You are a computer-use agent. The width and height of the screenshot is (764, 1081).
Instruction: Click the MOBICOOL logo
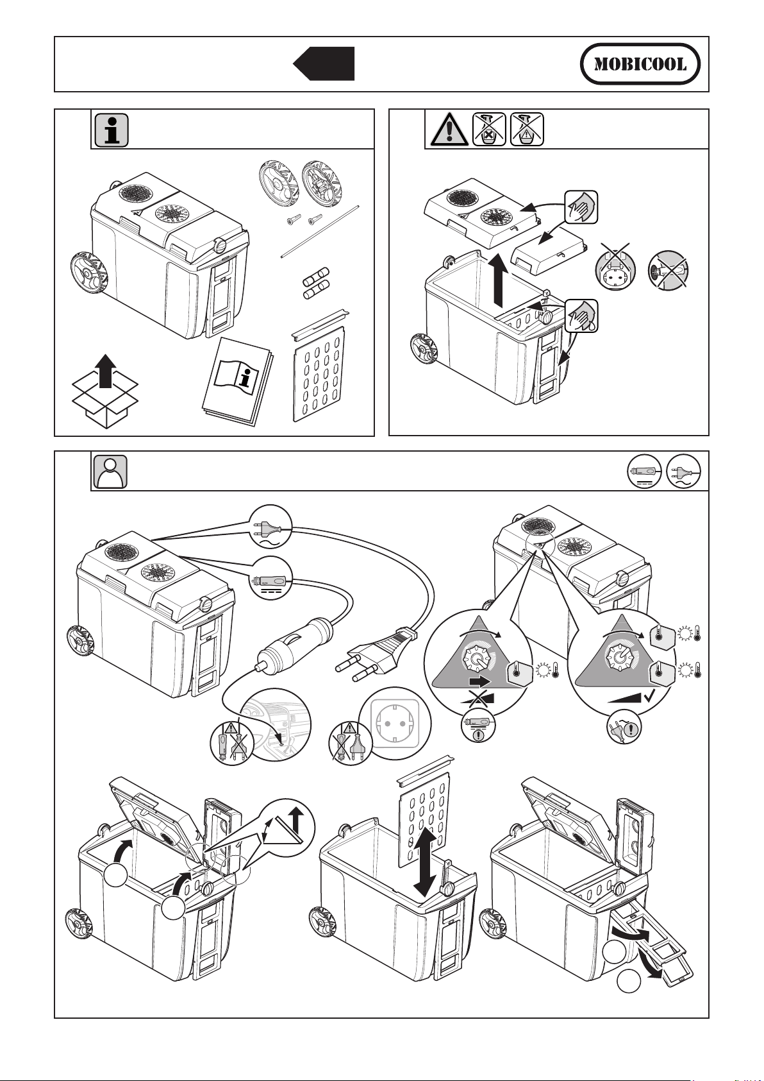(640, 64)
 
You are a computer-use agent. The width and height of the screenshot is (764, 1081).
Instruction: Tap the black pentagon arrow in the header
(324, 64)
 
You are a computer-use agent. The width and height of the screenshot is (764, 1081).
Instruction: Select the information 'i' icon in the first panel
(112, 130)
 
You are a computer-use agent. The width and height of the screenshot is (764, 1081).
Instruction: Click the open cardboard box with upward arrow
(105, 391)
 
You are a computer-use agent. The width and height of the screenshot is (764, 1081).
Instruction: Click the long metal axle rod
(320, 232)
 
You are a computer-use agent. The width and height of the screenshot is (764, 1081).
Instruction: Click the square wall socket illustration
(395, 724)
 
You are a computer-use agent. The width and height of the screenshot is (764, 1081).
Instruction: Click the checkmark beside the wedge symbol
(651, 695)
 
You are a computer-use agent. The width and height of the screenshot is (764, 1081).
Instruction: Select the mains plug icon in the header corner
(683, 472)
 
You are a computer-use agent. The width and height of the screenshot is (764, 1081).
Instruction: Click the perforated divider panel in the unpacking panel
(319, 366)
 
